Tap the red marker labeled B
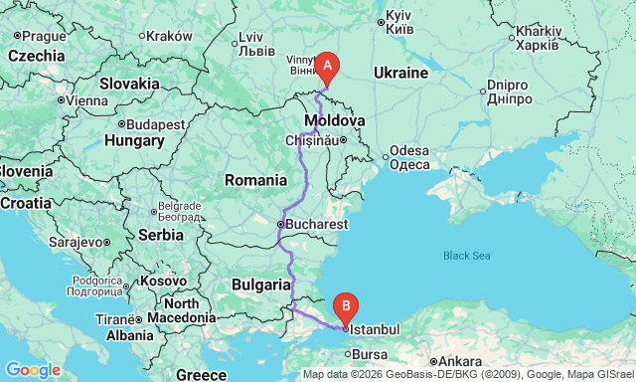pos(345,305)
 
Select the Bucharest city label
pos(317,226)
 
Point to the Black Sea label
pos(467,256)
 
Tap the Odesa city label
pos(408,150)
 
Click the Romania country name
pos(256,180)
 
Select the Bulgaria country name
pos(260,284)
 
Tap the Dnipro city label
pos(515,92)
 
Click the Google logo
pos(32,370)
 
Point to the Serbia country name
pos(160,235)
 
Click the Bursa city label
pos(369,353)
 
